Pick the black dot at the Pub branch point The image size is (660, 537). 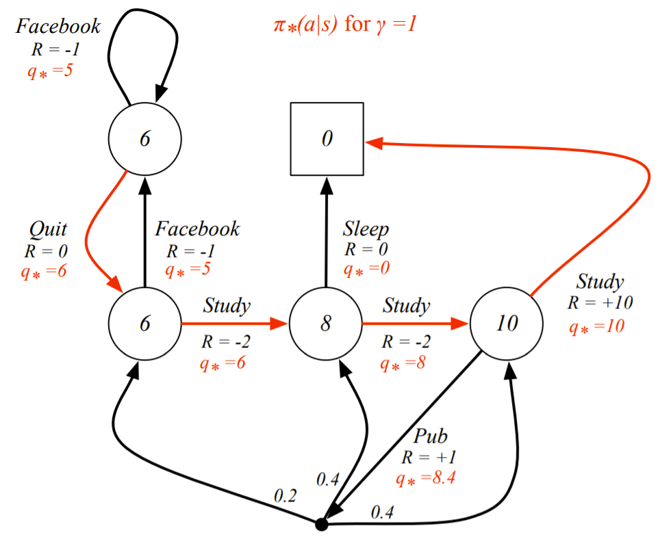pyautogui.click(x=322, y=525)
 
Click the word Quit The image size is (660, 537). pyautogui.click(x=48, y=230)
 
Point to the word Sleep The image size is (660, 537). pyautogui.click(x=366, y=230)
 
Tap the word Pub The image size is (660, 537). pyautogui.click(x=430, y=436)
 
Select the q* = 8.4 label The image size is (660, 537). pyautogui.click(x=426, y=479)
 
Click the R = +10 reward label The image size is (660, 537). pyautogui.click(x=600, y=302)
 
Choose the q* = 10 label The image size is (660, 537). pyautogui.click(x=596, y=326)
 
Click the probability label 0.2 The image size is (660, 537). pyautogui.click(x=285, y=496)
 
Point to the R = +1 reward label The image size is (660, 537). pyautogui.click(x=429, y=458)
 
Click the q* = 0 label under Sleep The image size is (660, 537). pyautogui.click(x=366, y=269)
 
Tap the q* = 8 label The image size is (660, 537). pyautogui.click(x=403, y=363)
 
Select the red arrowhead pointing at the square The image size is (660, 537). pyautogui.click(x=375, y=143)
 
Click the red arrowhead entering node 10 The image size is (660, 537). pyautogui.click(x=459, y=324)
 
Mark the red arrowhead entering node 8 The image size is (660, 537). pyautogui.click(x=279, y=324)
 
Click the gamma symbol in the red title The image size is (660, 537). pyautogui.click(x=381, y=26)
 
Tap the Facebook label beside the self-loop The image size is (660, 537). pyautogui.click(x=58, y=27)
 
